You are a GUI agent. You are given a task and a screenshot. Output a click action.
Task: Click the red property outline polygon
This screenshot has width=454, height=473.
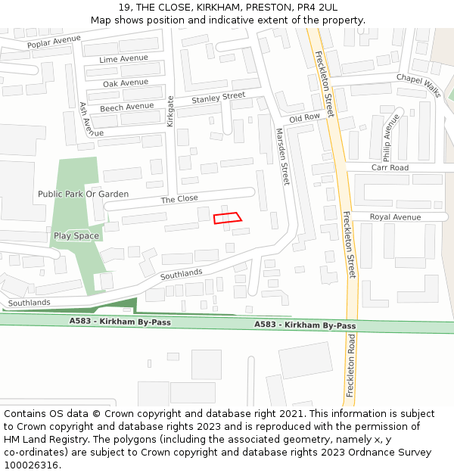(228, 218)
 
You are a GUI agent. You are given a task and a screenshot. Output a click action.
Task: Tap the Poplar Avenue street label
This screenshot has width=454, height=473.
(54, 42)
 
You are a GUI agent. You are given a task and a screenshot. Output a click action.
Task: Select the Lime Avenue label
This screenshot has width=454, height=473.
(123, 58)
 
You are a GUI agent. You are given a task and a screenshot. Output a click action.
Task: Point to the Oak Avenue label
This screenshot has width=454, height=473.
(126, 82)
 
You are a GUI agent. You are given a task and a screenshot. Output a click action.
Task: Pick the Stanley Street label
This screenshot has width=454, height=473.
(218, 98)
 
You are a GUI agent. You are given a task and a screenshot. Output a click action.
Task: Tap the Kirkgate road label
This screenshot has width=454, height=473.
(171, 110)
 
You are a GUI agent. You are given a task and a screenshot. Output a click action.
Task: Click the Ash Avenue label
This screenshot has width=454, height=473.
(86, 120)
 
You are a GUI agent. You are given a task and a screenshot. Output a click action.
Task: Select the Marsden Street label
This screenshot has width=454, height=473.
(281, 156)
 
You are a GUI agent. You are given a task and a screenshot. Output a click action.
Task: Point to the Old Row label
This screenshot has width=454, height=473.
(305, 118)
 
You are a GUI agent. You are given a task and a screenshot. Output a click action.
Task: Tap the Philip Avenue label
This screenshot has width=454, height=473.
(390, 138)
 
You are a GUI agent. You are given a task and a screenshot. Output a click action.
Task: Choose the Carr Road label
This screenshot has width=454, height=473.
(390, 167)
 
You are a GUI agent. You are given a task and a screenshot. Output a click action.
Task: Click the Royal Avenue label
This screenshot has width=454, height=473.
(395, 217)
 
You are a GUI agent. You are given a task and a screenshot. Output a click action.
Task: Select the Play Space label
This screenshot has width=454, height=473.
(76, 235)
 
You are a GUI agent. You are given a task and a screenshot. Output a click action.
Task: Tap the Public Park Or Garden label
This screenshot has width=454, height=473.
(83, 194)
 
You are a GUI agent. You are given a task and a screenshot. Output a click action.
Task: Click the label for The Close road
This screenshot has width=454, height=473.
(179, 198)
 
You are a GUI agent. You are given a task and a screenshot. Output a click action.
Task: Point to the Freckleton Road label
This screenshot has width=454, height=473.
(350, 367)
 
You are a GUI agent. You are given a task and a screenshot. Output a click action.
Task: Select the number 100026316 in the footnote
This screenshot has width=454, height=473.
(30, 465)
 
